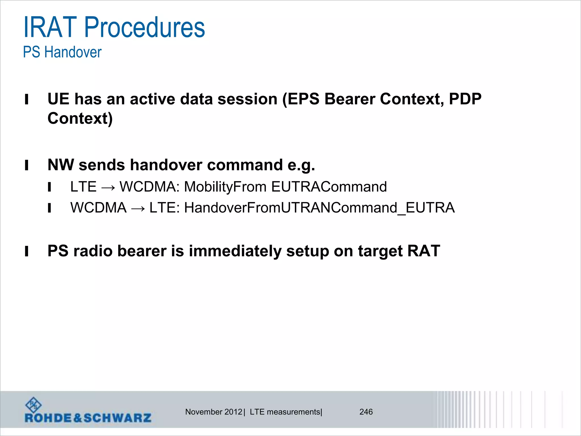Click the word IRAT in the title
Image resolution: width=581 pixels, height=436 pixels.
click(x=50, y=28)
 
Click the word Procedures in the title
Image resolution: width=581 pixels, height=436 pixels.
click(x=144, y=28)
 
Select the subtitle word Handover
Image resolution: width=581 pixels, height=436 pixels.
click(x=73, y=53)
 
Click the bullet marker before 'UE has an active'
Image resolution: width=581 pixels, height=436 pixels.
click(x=27, y=100)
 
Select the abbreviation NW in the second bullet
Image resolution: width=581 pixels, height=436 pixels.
click(x=60, y=165)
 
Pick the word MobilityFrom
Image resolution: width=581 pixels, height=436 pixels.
click(x=225, y=187)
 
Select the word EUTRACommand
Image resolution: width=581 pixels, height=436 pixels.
click(x=329, y=187)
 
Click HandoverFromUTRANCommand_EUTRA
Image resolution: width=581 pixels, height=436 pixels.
click(x=319, y=208)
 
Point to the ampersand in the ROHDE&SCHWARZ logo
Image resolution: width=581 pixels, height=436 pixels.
click(x=77, y=418)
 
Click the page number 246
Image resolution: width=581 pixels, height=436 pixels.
click(x=366, y=412)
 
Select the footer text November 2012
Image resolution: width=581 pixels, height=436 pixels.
click(x=214, y=412)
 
